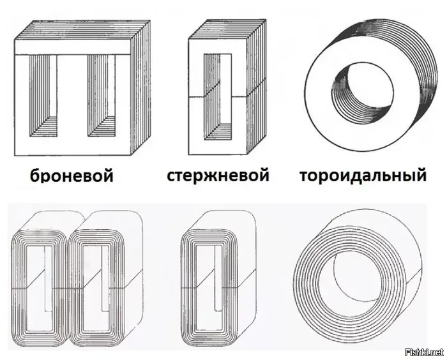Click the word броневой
(x=71, y=174)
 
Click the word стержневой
(x=218, y=174)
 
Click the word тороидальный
(x=362, y=174)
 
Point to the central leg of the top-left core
(x=72, y=102)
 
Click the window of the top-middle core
(x=217, y=96)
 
